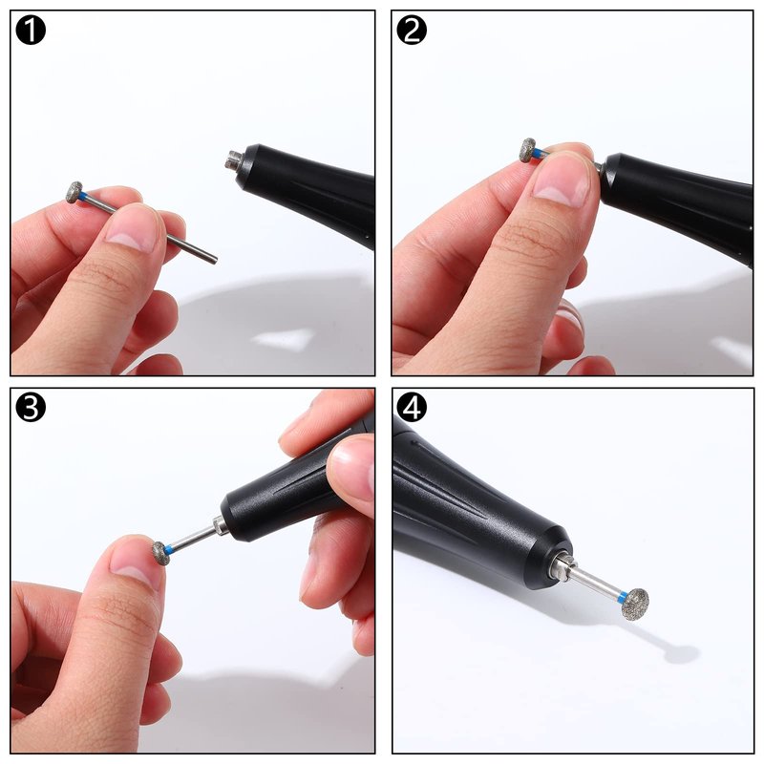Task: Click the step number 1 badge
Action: (31, 31)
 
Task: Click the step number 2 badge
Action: (412, 31)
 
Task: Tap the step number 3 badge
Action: (31, 408)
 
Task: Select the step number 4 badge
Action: (412, 408)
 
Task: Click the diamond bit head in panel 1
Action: (74, 192)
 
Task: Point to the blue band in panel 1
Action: (83, 196)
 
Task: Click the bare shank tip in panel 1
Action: (213, 260)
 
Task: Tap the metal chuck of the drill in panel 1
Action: (232, 160)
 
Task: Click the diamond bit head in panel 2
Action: (527, 150)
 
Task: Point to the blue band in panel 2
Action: (538, 154)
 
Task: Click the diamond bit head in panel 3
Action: (160, 553)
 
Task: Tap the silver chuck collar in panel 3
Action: (220, 526)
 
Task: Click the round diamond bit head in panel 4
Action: (636, 604)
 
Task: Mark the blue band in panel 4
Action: (623, 597)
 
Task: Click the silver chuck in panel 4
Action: (562, 567)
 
